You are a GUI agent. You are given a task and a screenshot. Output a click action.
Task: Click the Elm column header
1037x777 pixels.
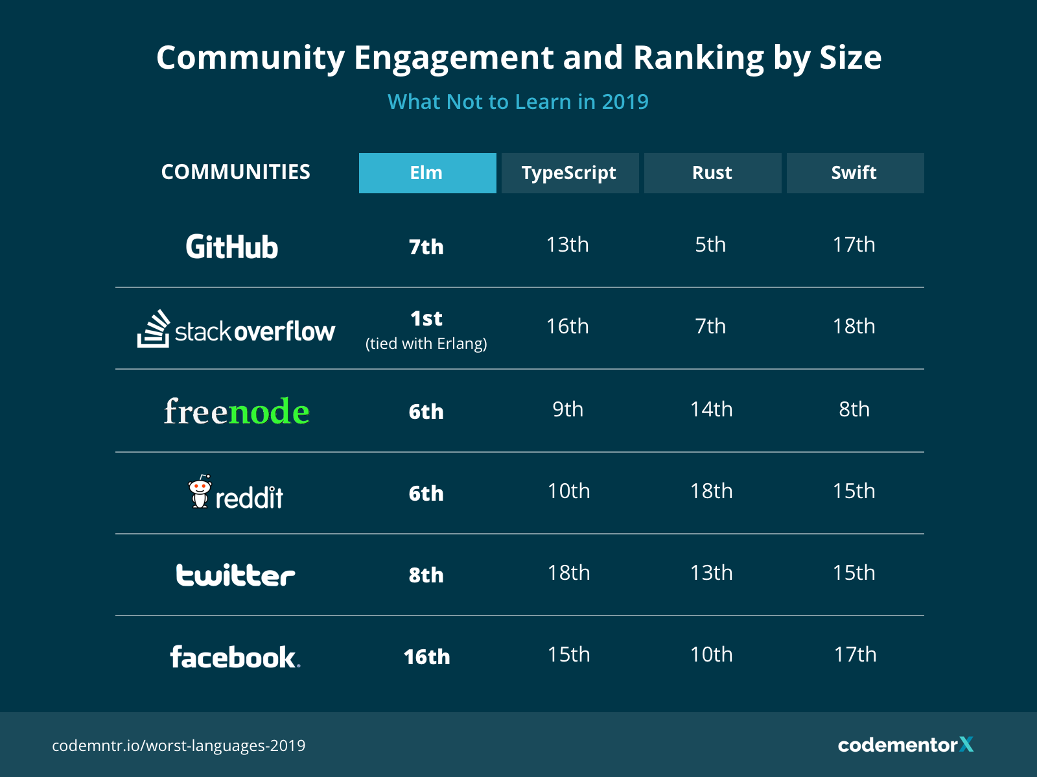pyautogui.click(x=427, y=173)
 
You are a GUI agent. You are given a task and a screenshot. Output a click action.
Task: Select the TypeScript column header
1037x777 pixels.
pyautogui.click(x=570, y=173)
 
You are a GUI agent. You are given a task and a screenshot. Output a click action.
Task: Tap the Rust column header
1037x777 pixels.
pyautogui.click(x=712, y=173)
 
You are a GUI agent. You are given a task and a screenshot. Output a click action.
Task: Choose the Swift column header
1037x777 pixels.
pyautogui.click(x=855, y=173)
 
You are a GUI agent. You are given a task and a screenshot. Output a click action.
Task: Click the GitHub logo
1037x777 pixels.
pyautogui.click(x=232, y=247)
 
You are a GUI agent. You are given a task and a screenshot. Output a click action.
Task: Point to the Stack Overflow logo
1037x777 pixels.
pyautogui.click(x=236, y=329)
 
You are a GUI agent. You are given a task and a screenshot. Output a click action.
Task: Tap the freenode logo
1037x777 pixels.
pyautogui.click(x=237, y=411)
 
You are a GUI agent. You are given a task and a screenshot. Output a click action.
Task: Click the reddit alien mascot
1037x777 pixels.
pyautogui.click(x=200, y=492)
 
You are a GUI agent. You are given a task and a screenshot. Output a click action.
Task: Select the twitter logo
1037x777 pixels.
pyautogui.click(x=235, y=575)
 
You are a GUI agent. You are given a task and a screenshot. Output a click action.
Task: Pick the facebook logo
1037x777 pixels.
pyautogui.click(x=235, y=657)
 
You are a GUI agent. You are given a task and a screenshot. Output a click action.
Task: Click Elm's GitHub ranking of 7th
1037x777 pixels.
pyautogui.click(x=426, y=247)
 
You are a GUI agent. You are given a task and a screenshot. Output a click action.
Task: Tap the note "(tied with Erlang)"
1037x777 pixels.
pyautogui.click(x=426, y=344)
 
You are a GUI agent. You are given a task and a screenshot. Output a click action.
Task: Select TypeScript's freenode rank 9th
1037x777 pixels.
pyautogui.click(x=568, y=409)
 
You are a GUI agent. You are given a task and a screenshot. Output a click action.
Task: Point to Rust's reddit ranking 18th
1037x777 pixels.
pyautogui.click(x=711, y=491)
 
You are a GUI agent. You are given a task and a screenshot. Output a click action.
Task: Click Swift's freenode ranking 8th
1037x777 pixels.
pyautogui.click(x=854, y=409)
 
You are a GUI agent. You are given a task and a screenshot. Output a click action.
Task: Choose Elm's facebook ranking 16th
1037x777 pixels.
pyautogui.click(x=426, y=656)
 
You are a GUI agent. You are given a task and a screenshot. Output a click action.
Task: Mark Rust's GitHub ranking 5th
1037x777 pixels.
pyautogui.click(x=710, y=245)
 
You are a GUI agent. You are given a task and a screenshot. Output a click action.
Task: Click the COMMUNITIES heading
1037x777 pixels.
pyautogui.click(x=236, y=172)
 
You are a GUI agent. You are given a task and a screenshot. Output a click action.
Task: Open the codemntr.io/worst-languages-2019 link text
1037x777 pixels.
pyautogui.click(x=178, y=745)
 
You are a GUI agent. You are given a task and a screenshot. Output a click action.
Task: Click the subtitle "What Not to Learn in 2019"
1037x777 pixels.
pyautogui.click(x=518, y=102)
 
